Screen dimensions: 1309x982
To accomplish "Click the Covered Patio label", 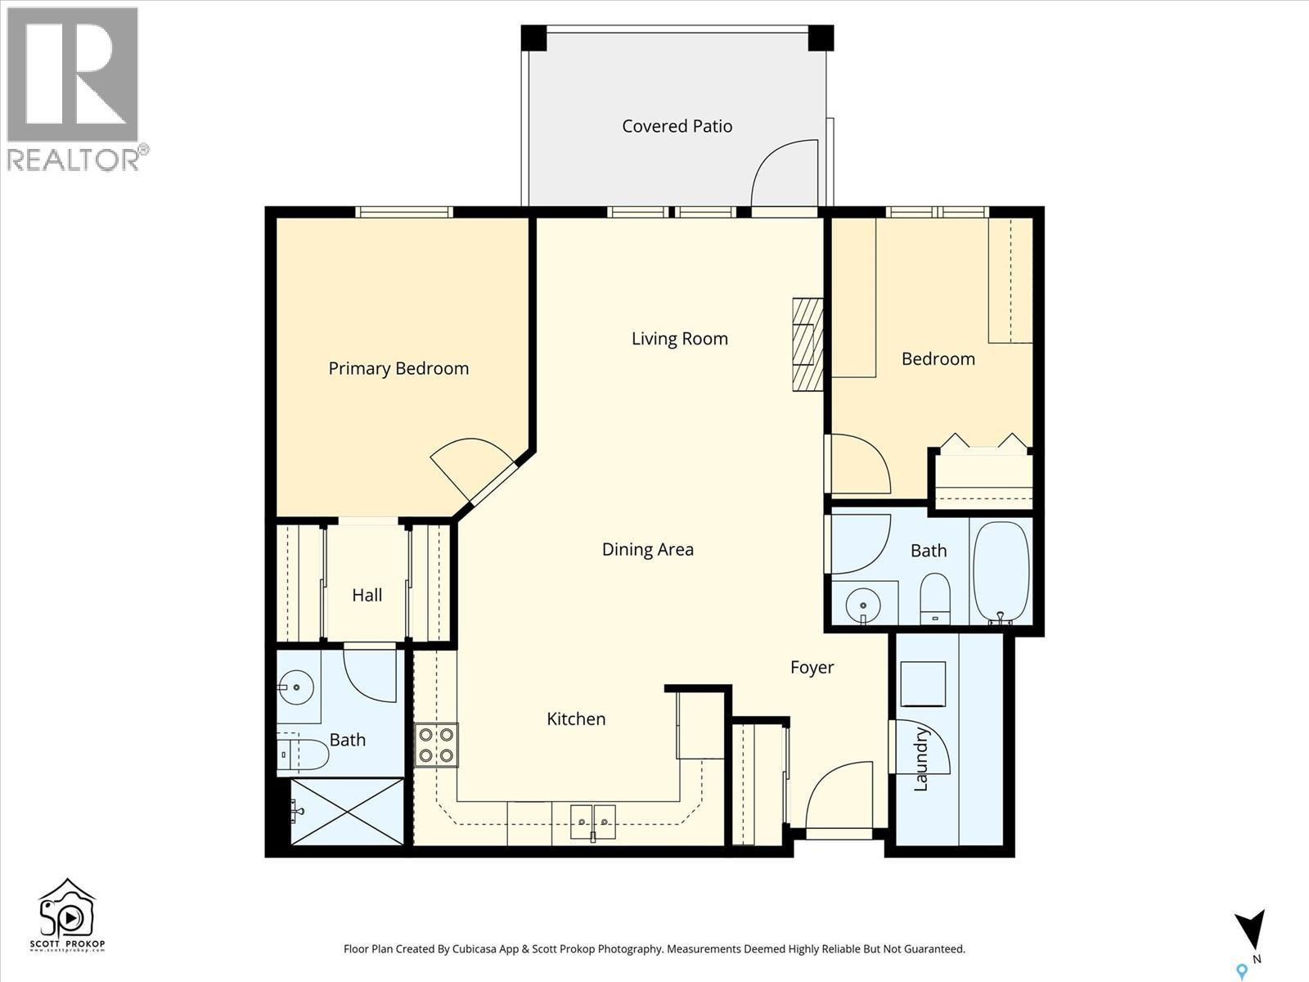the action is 677,126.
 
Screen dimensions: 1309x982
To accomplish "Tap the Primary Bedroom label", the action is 398,368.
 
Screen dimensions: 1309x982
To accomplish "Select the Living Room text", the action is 680,339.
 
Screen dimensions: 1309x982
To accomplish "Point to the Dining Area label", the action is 648,549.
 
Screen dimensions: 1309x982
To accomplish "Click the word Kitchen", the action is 576,718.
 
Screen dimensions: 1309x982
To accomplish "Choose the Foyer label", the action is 812,667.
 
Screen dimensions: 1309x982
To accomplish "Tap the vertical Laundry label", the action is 921,759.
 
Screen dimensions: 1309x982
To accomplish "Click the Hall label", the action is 367,595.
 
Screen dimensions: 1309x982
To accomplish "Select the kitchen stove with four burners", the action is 437,746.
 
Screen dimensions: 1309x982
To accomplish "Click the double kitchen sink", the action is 593,822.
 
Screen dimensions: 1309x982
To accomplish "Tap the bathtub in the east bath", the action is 1001,572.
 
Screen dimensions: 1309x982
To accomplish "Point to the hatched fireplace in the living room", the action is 808,345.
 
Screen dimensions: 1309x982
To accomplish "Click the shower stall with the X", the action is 347,812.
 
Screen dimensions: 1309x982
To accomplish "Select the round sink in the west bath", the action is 296,687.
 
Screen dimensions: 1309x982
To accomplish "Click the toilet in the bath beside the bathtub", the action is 935,599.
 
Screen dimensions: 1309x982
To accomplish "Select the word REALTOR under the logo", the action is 74,160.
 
